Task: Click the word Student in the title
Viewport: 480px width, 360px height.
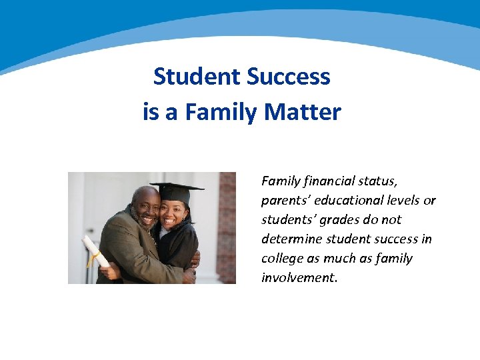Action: click(195, 77)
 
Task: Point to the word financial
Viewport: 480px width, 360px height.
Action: click(328, 181)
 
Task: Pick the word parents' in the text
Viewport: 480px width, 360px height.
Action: click(284, 200)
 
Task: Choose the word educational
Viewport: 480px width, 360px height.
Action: click(347, 200)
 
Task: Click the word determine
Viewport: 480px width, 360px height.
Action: click(289, 239)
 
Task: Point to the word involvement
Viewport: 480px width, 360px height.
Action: click(299, 277)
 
